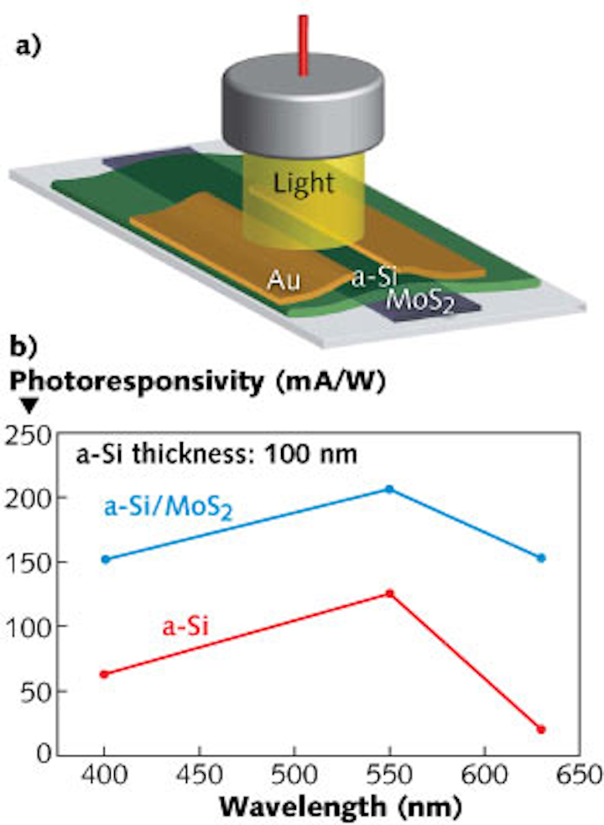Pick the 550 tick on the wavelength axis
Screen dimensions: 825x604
[x=389, y=774]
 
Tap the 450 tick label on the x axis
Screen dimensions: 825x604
[x=199, y=774]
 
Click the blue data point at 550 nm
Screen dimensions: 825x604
[x=389, y=488]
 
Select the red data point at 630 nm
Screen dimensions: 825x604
[x=541, y=729]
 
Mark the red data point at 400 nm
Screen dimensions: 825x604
[x=104, y=674]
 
